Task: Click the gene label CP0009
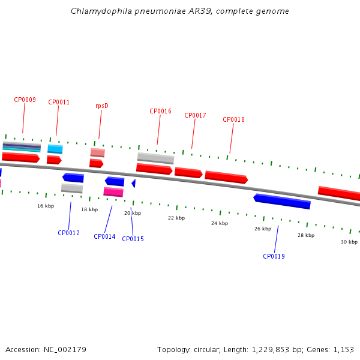(25, 100)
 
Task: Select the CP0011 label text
(59, 103)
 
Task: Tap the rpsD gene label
(101, 106)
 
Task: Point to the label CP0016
(160, 112)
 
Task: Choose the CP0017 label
(195, 116)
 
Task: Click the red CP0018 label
(233, 120)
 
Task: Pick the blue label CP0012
(68, 233)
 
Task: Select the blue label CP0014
(104, 237)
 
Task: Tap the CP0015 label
(133, 239)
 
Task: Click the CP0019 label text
(274, 257)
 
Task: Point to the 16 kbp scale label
(46, 206)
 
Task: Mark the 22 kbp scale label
(176, 218)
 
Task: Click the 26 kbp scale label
(262, 229)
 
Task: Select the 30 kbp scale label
(349, 242)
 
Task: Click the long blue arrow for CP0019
(282, 201)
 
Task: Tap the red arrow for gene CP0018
(226, 177)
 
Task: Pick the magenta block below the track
(113, 192)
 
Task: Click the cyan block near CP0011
(55, 149)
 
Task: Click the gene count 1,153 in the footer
(344, 350)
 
